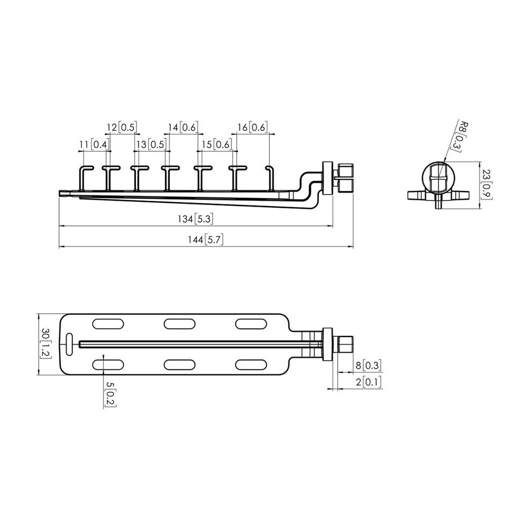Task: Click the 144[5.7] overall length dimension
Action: pyautogui.click(x=205, y=239)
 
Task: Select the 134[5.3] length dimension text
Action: pyautogui.click(x=195, y=219)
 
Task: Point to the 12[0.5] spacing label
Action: pyautogui.click(x=122, y=128)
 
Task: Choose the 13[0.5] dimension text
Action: pyautogui.click(x=151, y=144)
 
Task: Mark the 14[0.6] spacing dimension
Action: pyautogui.click(x=183, y=128)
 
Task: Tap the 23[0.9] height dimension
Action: pyautogui.click(x=486, y=184)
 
